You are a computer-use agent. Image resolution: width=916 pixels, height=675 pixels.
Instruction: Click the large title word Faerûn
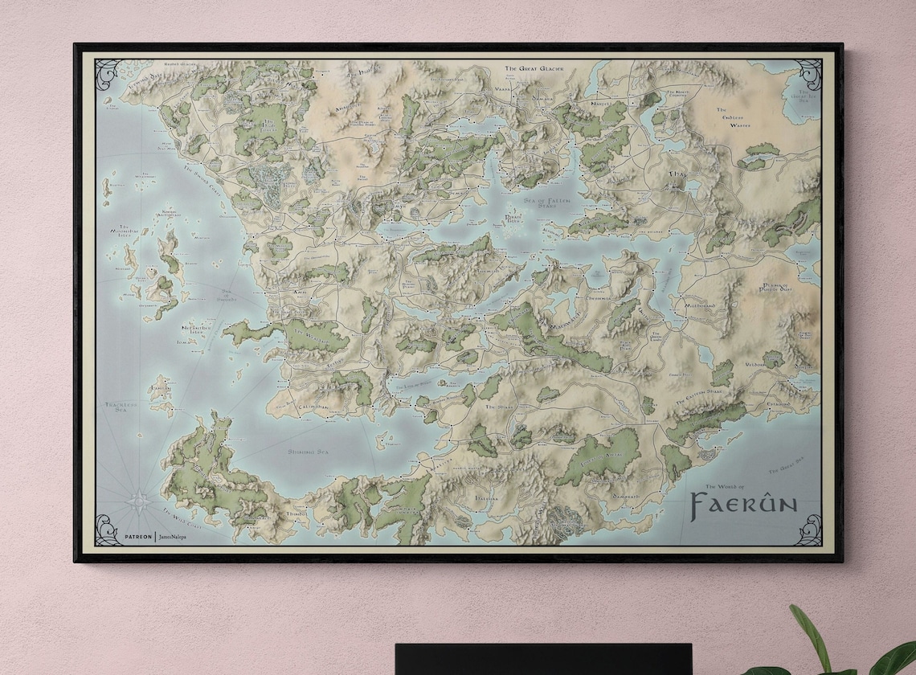(743, 504)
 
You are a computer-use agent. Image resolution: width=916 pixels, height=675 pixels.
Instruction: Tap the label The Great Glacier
(534, 69)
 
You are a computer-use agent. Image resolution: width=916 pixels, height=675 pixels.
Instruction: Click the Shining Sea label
(309, 452)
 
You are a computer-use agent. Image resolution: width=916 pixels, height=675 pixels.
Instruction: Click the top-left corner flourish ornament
(108, 74)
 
